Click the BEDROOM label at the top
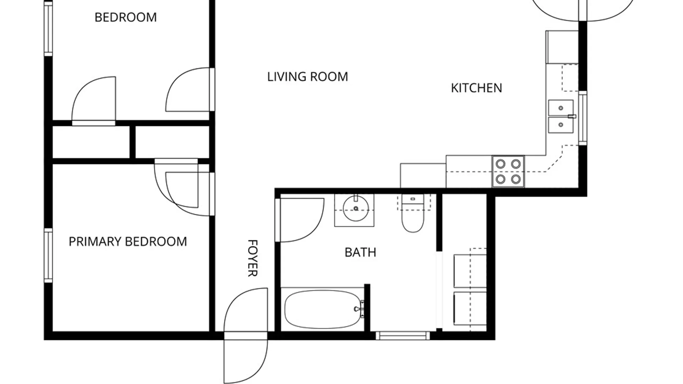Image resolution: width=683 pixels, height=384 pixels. pos(126,17)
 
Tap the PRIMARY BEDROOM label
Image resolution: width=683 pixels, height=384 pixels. pos(128,242)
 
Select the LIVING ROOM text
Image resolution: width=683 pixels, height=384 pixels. pos(308,77)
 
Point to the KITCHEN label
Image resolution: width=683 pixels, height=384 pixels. pos(477,88)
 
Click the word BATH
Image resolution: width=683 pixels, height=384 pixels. pos(360,252)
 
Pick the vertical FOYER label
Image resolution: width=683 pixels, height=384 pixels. pos(252,258)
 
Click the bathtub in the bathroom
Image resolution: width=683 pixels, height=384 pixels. pos(323,309)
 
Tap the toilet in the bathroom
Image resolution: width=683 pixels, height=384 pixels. pos(413,213)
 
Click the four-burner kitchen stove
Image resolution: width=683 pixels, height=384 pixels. pos(508,171)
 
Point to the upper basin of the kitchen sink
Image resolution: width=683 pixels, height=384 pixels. pos(561,108)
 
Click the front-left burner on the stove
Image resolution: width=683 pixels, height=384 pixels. pos(501,179)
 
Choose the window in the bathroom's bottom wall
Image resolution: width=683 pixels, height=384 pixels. pos(403,335)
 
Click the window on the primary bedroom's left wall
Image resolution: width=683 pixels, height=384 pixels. pos(48,256)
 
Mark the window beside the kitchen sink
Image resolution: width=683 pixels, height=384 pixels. pos(582,118)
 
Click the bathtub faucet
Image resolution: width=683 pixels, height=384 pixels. pos(359,309)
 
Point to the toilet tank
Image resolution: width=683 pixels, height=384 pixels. pos(413,199)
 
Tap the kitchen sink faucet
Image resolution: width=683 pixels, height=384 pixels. pos(572,116)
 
